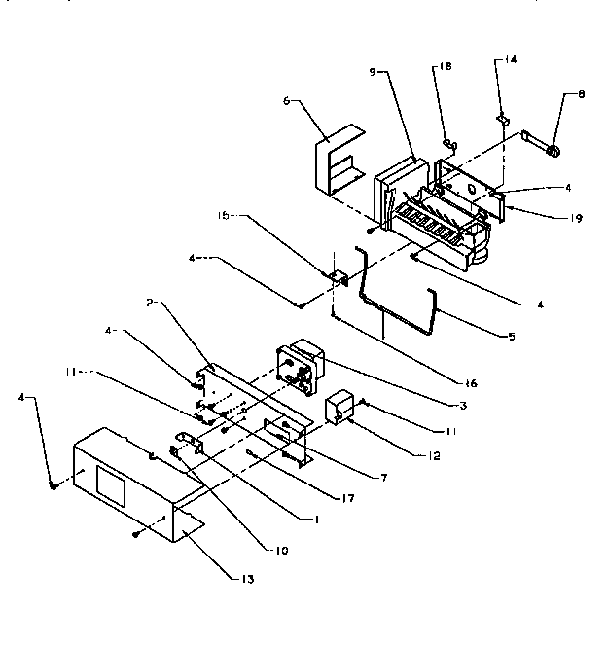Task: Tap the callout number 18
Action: [446, 66]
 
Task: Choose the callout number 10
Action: [281, 551]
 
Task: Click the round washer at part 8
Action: [552, 151]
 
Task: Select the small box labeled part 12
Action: [340, 410]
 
